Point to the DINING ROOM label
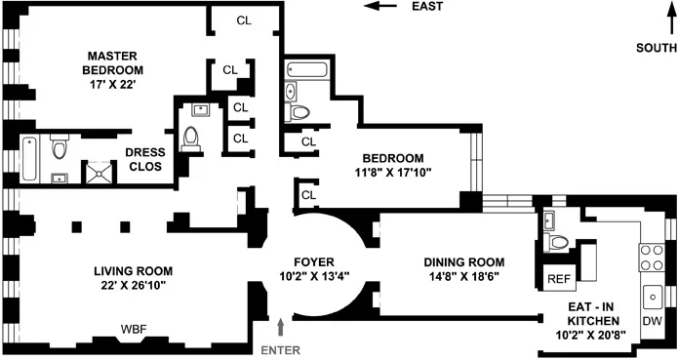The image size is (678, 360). tap(463, 262)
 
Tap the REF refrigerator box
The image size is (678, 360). tap(558, 279)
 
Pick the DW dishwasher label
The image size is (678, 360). tap(650, 320)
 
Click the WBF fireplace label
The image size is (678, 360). tap(134, 329)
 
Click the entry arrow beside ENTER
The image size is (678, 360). tap(283, 326)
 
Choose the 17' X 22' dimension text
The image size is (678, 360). tap(114, 86)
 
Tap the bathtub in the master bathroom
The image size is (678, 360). tap(29, 158)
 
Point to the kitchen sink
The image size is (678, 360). tap(651, 292)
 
